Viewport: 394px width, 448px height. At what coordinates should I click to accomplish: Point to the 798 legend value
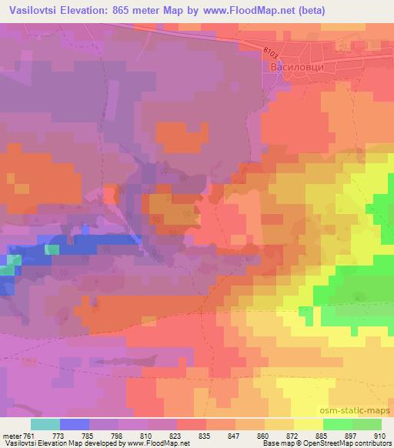coord(115,435)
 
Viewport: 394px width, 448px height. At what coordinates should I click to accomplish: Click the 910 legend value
coord(376,435)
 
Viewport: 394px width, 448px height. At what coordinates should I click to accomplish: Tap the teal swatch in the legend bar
coord(45,424)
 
